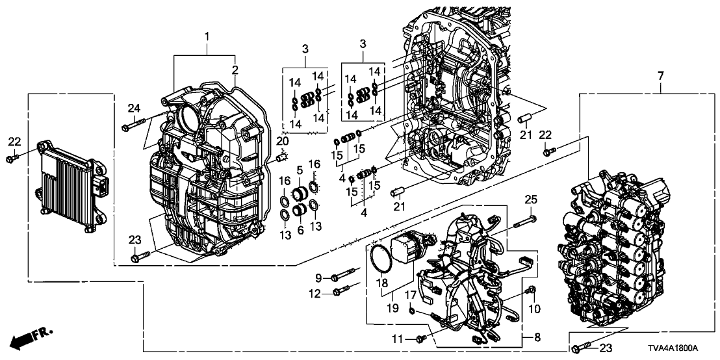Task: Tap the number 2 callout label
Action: [235, 70]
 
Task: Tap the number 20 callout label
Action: [281, 142]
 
